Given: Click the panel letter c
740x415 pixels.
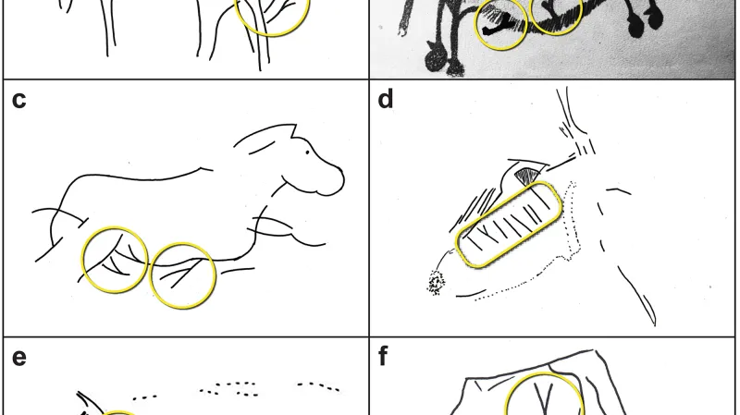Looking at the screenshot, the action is point(18,101).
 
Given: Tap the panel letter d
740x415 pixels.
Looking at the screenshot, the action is point(386,99).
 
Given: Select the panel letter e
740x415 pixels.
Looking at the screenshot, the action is point(18,358).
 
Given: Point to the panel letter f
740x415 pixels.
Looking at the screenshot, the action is point(383,356).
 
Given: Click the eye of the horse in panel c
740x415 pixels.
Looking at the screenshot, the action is point(308,152).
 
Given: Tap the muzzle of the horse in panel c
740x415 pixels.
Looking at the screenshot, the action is point(334,181).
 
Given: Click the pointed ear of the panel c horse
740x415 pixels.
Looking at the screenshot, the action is point(293,130).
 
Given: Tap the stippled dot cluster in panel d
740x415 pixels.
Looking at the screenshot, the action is point(436,283).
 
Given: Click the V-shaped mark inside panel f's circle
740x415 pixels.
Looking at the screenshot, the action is point(545,398).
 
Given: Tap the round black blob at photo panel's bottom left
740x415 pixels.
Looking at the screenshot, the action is point(435,60).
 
